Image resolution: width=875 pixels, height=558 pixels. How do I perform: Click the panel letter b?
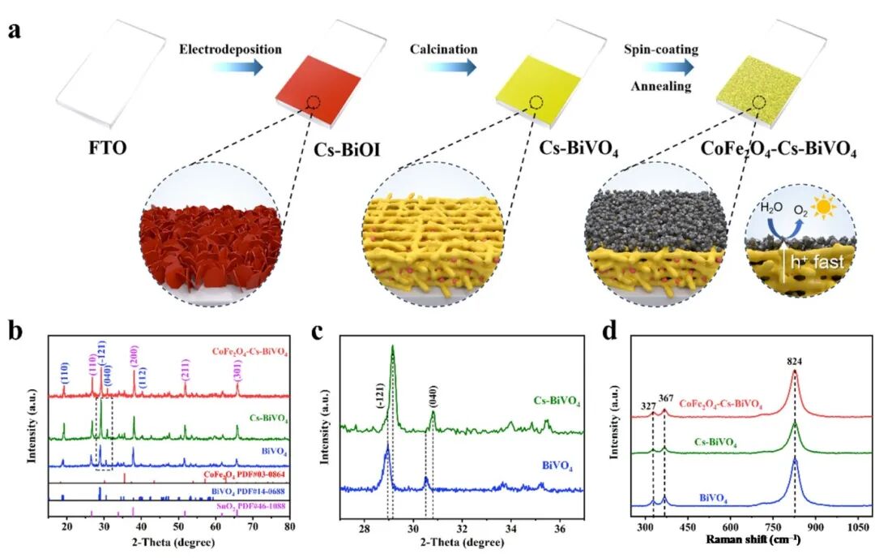tap(13, 332)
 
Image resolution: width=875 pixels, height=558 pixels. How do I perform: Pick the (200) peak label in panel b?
tap(134, 358)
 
